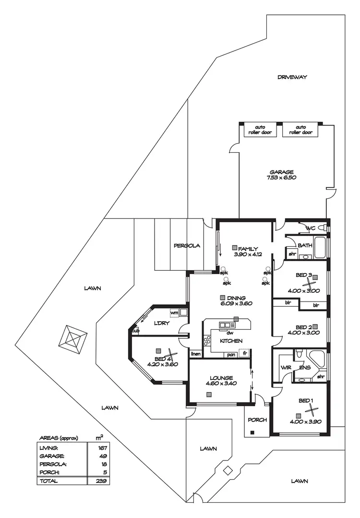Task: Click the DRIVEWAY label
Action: (291, 77)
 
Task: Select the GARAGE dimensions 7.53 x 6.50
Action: (281, 178)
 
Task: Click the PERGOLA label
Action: (187, 246)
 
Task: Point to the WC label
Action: (311, 228)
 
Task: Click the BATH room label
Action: (304, 245)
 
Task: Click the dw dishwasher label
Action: (230, 332)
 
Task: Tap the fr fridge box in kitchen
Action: (245, 354)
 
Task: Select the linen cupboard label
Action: (195, 354)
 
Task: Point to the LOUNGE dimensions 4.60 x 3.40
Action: (221, 384)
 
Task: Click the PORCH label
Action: (257, 420)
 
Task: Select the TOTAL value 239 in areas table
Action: (101, 481)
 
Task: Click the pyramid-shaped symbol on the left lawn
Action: (74, 339)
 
